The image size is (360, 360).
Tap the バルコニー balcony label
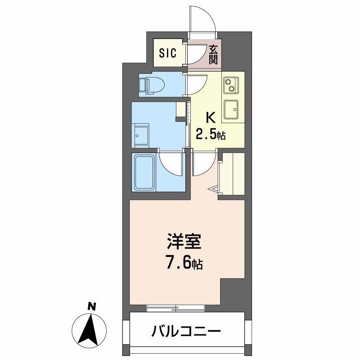point(186,333)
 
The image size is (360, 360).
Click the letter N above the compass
point(92,307)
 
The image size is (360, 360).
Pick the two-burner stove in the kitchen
point(231,84)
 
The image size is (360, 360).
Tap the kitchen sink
point(231,109)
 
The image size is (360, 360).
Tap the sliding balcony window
point(176,308)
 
